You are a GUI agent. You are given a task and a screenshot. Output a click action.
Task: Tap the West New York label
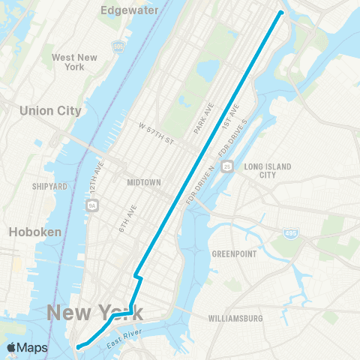coord(74,62)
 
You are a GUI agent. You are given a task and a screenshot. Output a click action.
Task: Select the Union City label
coord(50,110)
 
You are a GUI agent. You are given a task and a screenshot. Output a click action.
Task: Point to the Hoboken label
coord(34,232)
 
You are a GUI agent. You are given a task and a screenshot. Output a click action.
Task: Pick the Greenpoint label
coord(234,253)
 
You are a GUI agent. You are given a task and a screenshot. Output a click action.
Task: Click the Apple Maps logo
coord(27,348)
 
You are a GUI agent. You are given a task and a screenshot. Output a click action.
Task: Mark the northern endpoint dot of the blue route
coord(281,12)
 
